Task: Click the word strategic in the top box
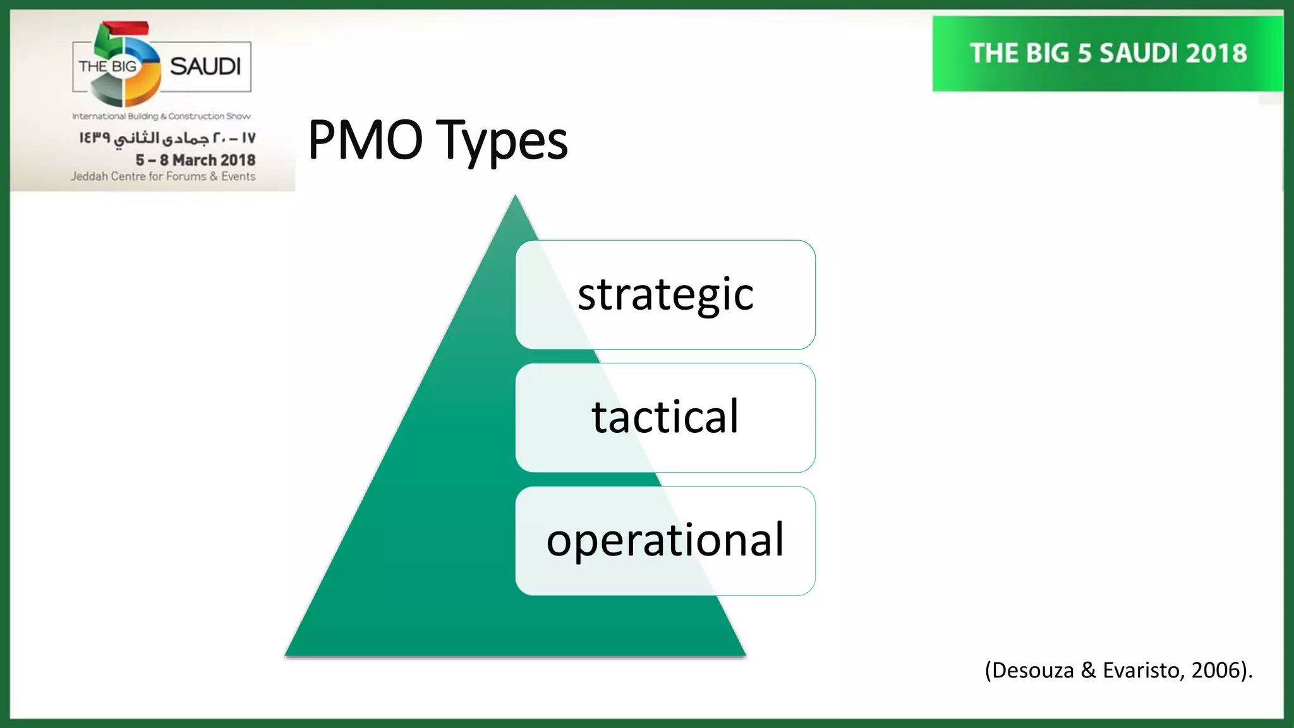(665, 294)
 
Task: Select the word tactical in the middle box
(665, 417)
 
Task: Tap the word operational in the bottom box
(665, 540)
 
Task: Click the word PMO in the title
(365, 140)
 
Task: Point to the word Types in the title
(502, 142)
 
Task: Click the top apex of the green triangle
(515, 197)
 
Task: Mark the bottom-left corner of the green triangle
(287, 654)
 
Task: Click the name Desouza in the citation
(1032, 670)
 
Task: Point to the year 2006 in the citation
(1216, 670)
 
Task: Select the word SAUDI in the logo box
(205, 66)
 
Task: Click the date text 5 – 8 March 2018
(195, 160)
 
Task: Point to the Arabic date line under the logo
(167, 138)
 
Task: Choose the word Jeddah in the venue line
(88, 176)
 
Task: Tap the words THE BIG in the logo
(107, 66)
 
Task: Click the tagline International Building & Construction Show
(161, 116)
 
